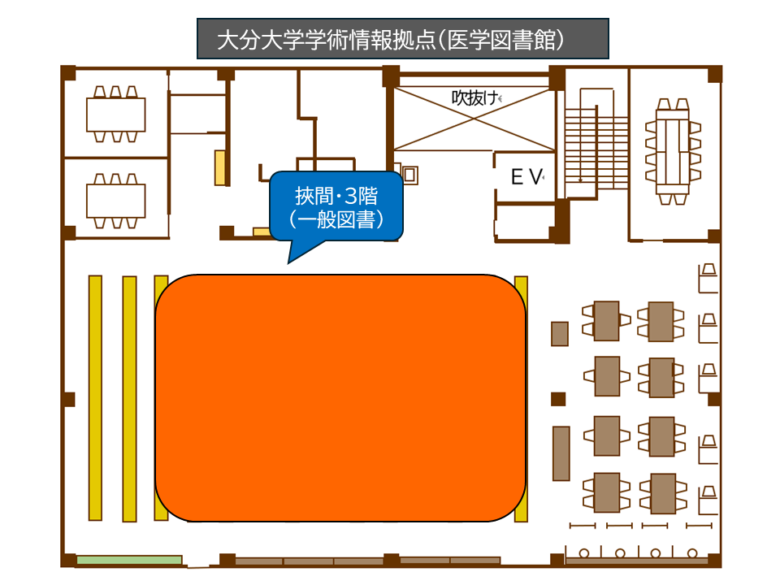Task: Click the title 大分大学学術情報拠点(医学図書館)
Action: pyautogui.click(x=402, y=39)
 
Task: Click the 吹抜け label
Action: pyautogui.click(x=474, y=97)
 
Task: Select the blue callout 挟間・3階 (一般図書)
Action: pyautogui.click(x=336, y=206)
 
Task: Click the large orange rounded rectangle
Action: pyautogui.click(x=340, y=398)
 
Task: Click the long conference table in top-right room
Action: pyautogui.click(x=671, y=151)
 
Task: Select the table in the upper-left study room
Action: pyautogui.click(x=116, y=114)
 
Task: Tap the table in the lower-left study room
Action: pyautogui.click(x=116, y=200)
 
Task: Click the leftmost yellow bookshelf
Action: pyautogui.click(x=95, y=397)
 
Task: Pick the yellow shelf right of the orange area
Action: pyautogui.click(x=521, y=398)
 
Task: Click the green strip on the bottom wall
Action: pyautogui.click(x=128, y=560)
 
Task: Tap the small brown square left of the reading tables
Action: pyautogui.click(x=559, y=333)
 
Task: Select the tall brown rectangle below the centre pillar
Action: pyautogui.click(x=561, y=453)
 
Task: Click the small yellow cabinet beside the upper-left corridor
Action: pyautogui.click(x=219, y=167)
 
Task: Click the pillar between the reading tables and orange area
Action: pyautogui.click(x=558, y=399)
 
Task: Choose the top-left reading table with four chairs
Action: pyautogui.click(x=606, y=320)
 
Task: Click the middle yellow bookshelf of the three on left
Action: pyautogui.click(x=129, y=398)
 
